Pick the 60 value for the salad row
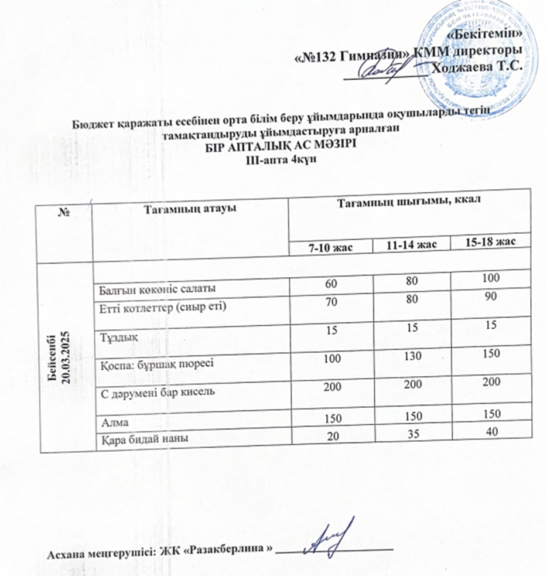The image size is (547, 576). pyautogui.click(x=331, y=284)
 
